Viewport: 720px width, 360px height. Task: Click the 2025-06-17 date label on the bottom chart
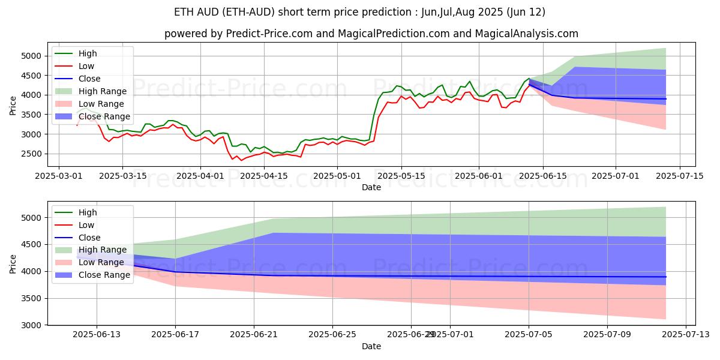point(175,335)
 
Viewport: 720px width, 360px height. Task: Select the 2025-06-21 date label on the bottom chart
point(254,335)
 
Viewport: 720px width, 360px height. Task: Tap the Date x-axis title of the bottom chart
point(371,346)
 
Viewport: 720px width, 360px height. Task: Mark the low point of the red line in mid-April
point(242,160)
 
